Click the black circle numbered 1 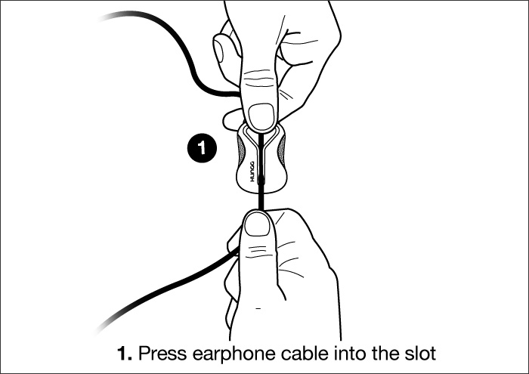202,147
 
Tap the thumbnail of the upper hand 261,116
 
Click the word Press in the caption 162,354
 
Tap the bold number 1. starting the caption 125,354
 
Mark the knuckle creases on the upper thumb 259,79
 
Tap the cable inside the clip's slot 261,159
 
